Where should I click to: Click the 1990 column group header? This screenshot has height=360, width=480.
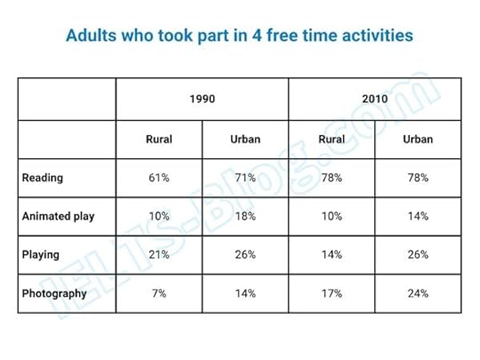pyautogui.click(x=202, y=99)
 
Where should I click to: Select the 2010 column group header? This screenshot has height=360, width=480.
pyautogui.click(x=374, y=99)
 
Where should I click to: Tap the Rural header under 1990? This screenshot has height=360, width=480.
pyautogui.click(x=159, y=140)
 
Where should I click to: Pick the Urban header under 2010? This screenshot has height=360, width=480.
pyautogui.click(x=418, y=140)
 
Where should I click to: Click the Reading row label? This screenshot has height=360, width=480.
pyautogui.click(x=43, y=178)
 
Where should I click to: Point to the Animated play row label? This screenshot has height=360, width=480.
pyautogui.click(x=58, y=216)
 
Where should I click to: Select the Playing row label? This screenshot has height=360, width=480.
pyautogui.click(x=41, y=254)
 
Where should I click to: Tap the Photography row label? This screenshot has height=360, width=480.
pyautogui.click(x=54, y=292)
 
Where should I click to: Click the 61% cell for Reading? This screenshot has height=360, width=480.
pyautogui.click(x=159, y=178)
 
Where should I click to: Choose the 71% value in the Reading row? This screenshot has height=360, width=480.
pyautogui.click(x=245, y=178)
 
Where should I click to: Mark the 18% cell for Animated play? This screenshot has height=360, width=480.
pyautogui.click(x=245, y=216)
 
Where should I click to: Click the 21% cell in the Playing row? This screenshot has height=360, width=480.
pyautogui.click(x=159, y=254)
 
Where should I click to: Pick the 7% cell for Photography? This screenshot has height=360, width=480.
pyautogui.click(x=159, y=292)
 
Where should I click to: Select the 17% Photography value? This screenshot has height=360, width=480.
pyautogui.click(x=332, y=292)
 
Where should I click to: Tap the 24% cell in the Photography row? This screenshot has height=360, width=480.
pyautogui.click(x=418, y=292)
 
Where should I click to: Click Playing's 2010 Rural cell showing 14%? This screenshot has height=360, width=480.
pyautogui.click(x=332, y=254)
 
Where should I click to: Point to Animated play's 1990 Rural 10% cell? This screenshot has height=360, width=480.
pyautogui.click(x=159, y=216)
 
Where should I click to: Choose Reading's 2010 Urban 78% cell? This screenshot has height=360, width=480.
pyautogui.click(x=418, y=178)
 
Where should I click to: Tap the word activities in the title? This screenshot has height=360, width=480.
pyautogui.click(x=374, y=36)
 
